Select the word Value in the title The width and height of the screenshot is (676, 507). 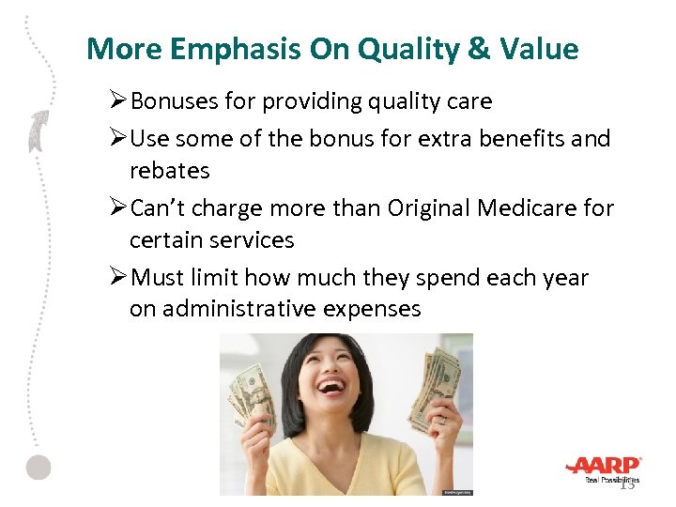[x=545, y=49]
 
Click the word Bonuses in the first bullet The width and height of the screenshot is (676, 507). [x=170, y=100]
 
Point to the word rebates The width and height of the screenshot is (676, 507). [x=169, y=171]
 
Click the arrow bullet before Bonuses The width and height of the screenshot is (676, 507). [x=119, y=100]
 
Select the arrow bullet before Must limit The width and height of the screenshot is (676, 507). [x=119, y=277]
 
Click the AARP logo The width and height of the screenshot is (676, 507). [x=604, y=466]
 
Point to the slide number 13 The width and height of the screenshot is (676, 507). [x=627, y=484]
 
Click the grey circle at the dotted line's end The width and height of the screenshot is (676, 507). [x=38, y=468]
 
